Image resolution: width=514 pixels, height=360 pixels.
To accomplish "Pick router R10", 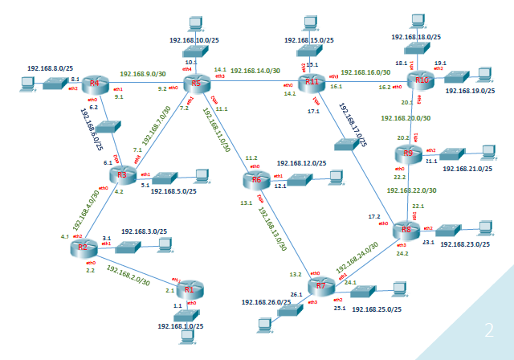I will click(420, 80).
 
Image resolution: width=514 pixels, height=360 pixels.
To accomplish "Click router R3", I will click(122, 175).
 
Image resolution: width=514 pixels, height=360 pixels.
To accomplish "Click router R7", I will click(321, 285).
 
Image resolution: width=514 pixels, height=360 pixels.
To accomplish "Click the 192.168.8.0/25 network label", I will click(51, 69).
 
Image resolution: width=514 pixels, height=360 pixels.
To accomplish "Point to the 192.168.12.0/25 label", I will click(302, 163).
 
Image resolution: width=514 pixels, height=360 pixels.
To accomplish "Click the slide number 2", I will click(488, 329).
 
